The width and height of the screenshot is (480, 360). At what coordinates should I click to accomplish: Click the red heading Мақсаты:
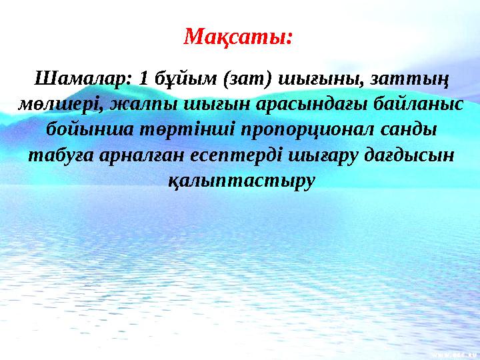pos(239,34)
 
